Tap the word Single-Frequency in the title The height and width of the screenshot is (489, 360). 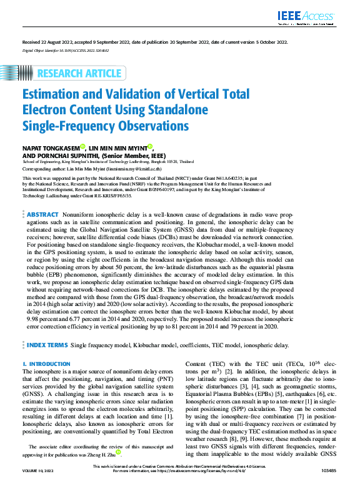click(66, 126)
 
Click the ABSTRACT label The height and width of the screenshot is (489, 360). click(43, 214)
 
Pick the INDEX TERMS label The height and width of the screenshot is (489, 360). click(47, 344)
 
